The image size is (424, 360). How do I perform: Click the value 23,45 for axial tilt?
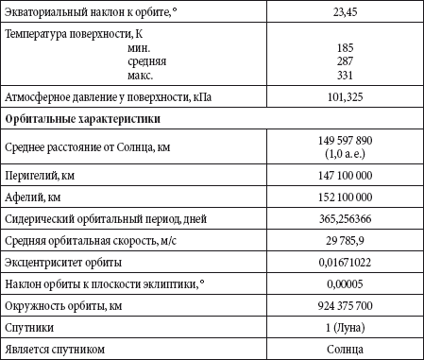click(x=344, y=12)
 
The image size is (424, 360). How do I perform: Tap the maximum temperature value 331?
click(x=344, y=74)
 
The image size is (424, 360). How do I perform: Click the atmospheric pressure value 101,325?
click(x=344, y=96)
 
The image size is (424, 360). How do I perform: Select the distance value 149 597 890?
click(x=344, y=139)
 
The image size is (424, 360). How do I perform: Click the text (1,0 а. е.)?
click(x=344, y=153)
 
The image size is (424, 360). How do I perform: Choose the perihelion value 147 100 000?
click(x=344, y=176)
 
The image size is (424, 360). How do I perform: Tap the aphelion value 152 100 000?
click(x=344, y=197)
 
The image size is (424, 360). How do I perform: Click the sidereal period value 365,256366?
click(x=344, y=219)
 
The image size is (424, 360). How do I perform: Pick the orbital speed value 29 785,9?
click(x=344, y=241)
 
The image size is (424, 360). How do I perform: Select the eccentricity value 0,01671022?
click(x=344, y=263)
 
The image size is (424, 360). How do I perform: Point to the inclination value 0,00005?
click(x=344, y=284)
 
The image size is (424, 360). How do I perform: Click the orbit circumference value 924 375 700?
click(x=344, y=307)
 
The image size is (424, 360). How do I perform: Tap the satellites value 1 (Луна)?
click(x=344, y=328)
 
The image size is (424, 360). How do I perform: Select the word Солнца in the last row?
click(x=344, y=350)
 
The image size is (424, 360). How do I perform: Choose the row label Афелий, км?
click(x=33, y=197)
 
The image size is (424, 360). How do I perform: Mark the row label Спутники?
click(x=29, y=328)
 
